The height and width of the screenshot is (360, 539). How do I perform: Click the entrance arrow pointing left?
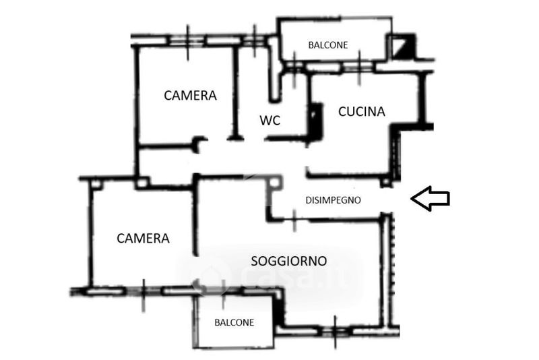coord(430,199)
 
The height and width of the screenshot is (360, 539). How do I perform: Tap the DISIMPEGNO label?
coord(334,200)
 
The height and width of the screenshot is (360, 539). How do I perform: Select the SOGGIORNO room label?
coord(288,260)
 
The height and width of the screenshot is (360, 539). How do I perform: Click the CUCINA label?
coord(362,112)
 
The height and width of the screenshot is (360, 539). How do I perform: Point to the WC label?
coord(269,121)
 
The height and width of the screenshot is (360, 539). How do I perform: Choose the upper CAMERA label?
coord(191,96)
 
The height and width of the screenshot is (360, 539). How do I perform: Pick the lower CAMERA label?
coord(143,238)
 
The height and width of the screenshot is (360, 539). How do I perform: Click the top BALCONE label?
coord(328,45)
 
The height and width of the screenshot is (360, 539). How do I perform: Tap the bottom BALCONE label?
coord(234,322)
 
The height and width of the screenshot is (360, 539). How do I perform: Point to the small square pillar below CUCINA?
coord(385,182)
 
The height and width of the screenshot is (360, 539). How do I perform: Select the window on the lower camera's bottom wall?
coord(144,291)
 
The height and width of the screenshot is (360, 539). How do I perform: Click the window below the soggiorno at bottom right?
coord(335,330)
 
